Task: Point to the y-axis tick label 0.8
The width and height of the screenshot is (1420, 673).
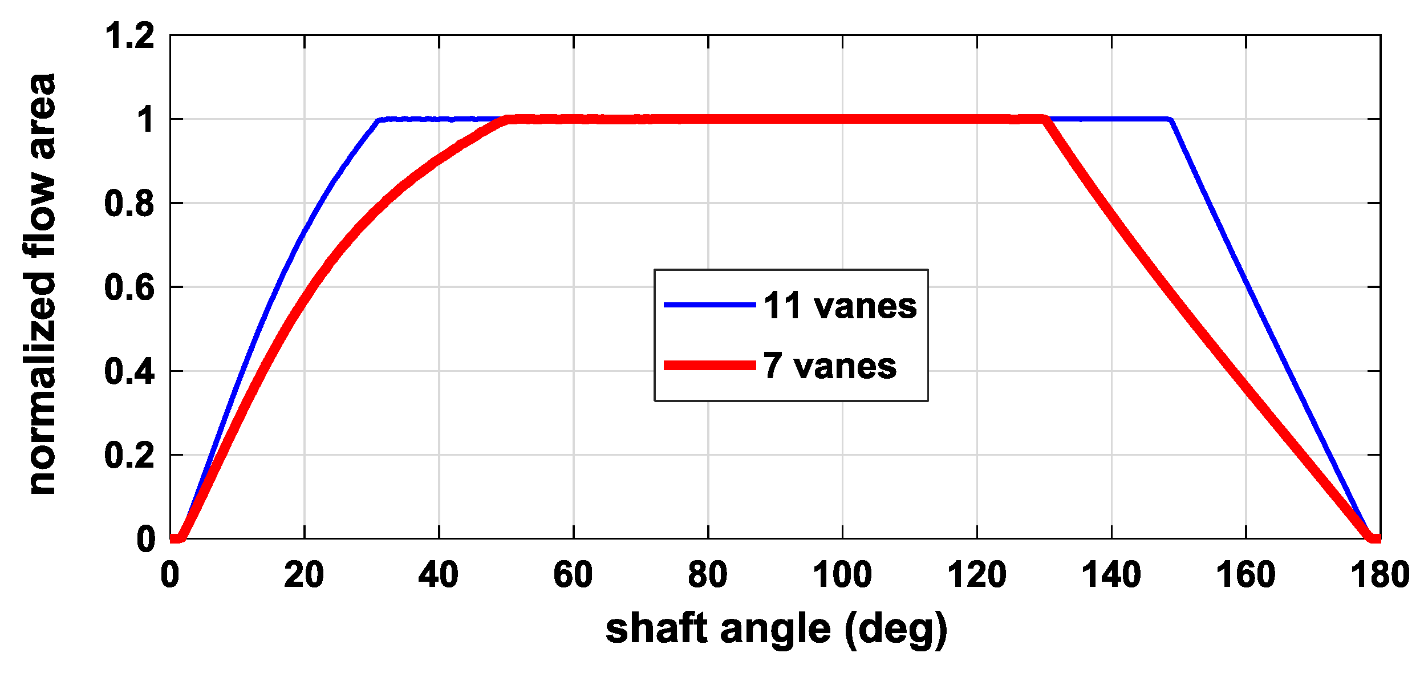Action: [x=129, y=204]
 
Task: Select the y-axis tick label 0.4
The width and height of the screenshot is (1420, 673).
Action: [x=129, y=371]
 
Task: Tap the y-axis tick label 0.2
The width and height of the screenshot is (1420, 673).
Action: [x=129, y=456]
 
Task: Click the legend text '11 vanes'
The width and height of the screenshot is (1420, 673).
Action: [x=839, y=306]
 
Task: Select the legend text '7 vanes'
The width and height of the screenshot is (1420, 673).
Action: [x=829, y=366]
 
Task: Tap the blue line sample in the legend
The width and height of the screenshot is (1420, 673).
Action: [x=709, y=305]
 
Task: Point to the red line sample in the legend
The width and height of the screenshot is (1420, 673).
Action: [x=709, y=366]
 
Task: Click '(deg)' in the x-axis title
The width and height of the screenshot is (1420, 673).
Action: [x=896, y=629]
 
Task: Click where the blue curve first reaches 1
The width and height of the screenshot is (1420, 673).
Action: [x=379, y=120]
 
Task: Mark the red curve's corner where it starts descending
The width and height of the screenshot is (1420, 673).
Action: [x=1044, y=119]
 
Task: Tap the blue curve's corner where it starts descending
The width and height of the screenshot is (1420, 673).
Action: [x=1170, y=120]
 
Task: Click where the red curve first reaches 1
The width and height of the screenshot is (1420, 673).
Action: [x=508, y=120]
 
